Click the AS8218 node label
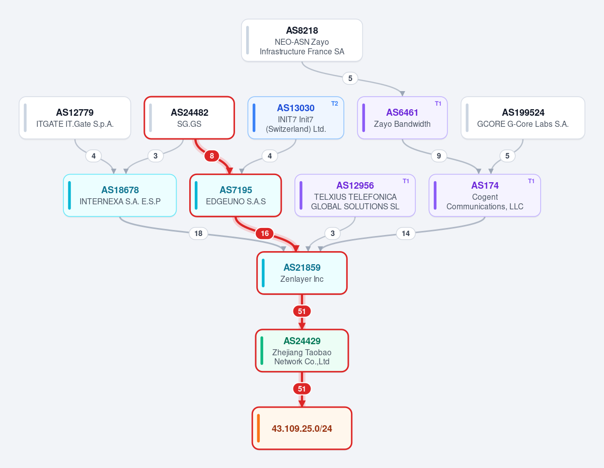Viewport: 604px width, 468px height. pyautogui.click(x=302, y=30)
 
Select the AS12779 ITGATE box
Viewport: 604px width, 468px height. pyautogui.click(x=75, y=118)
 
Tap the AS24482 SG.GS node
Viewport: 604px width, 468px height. pyautogui.click(x=189, y=118)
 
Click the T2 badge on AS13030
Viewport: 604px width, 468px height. pyautogui.click(x=335, y=104)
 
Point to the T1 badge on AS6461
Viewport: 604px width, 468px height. pyautogui.click(x=438, y=104)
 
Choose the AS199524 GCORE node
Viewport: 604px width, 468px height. pyautogui.click(x=523, y=118)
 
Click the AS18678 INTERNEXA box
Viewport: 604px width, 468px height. pyautogui.click(x=120, y=195)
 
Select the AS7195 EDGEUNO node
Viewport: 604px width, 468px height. pyautogui.click(x=236, y=195)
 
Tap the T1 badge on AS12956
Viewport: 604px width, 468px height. pyautogui.click(x=406, y=181)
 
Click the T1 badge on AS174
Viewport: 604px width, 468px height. pyautogui.click(x=531, y=181)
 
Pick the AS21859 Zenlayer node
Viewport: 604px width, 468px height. pyautogui.click(x=302, y=273)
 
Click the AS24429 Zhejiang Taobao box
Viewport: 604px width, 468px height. pyautogui.click(x=302, y=351)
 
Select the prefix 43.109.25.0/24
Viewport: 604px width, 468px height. pyautogui.click(x=302, y=428)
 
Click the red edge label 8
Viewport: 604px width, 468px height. pyautogui.click(x=212, y=156)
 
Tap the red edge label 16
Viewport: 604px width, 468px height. pyautogui.click(x=265, y=233)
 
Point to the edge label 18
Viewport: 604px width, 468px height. pyautogui.click(x=198, y=233)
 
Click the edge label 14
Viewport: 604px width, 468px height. pyautogui.click(x=406, y=233)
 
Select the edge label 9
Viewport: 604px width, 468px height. pyautogui.click(x=439, y=156)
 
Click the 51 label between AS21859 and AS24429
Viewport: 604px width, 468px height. pyautogui.click(x=302, y=311)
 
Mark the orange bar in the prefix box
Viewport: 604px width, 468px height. pyautogui.click(x=258, y=428)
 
